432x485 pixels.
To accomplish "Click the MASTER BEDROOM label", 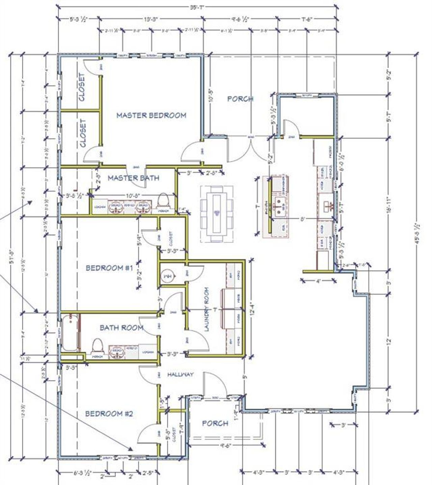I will coord(151,115).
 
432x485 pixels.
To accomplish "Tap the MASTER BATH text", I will coord(133,178).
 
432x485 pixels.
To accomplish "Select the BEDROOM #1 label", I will coord(109,268).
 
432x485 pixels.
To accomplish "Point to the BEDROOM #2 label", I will coord(109,414).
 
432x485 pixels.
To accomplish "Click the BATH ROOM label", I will coord(122,328).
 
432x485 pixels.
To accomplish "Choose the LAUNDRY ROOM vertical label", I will coord(207,309).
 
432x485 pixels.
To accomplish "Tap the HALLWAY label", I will coord(180,374).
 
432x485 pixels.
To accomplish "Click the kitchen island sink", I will coord(279,207).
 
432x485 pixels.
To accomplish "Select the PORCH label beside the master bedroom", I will coord(240,99).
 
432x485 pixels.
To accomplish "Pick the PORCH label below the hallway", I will coord(215,423).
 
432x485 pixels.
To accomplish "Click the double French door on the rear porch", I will coord(250,149).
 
